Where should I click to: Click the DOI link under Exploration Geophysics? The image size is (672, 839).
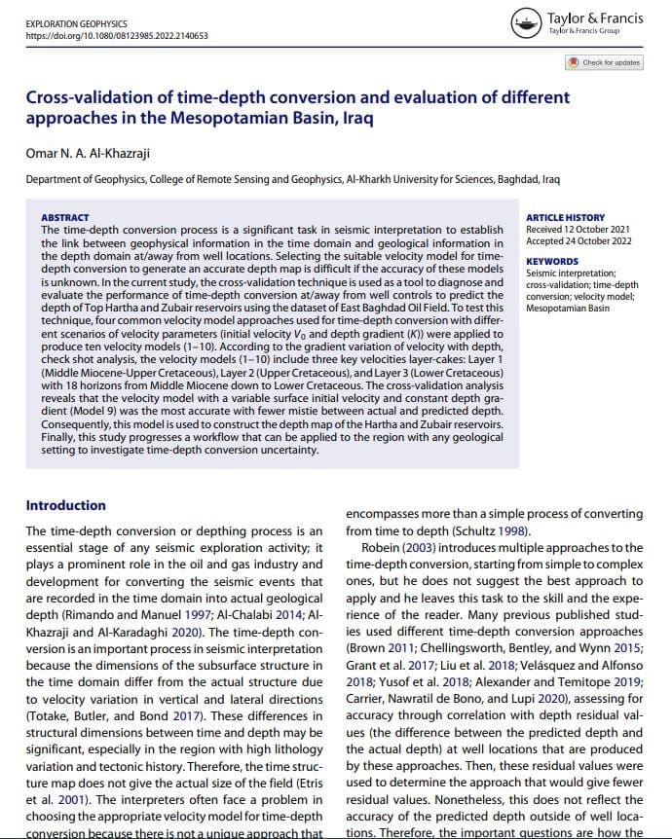tap(116, 36)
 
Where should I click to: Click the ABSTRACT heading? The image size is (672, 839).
tap(65, 217)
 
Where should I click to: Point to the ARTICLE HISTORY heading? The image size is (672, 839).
tap(565, 217)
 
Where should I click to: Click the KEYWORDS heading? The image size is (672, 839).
tap(551, 262)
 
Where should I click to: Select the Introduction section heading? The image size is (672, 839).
tap(65, 505)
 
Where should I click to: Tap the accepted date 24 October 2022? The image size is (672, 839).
tap(594, 240)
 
